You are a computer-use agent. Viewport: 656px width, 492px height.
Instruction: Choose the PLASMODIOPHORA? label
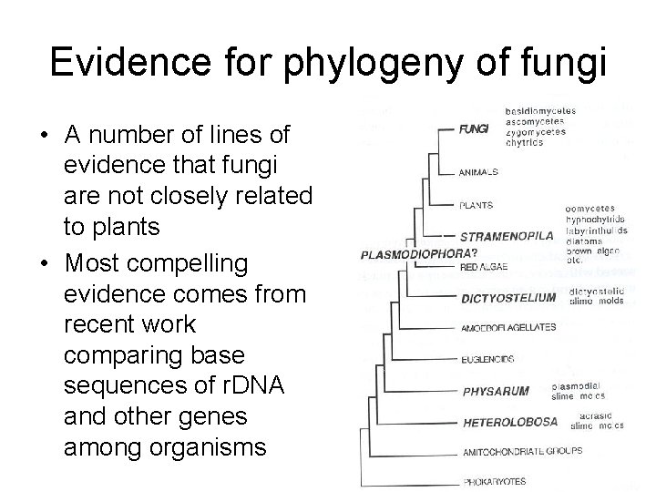tap(405, 252)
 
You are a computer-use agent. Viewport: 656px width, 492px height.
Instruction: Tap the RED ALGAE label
tap(484, 267)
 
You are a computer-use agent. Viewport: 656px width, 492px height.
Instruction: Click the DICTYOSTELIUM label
tap(509, 296)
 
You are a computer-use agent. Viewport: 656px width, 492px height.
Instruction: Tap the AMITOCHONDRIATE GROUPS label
tap(522, 450)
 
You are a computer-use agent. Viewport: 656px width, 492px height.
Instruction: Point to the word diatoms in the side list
tap(584, 241)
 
